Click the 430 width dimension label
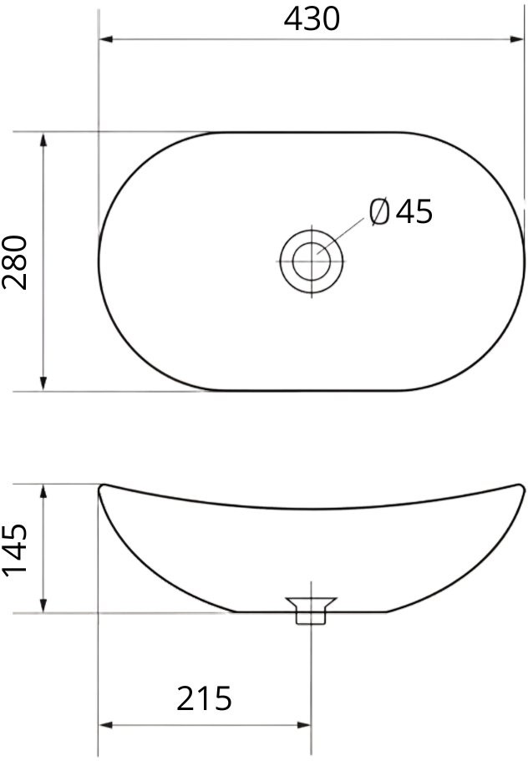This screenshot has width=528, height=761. [312, 20]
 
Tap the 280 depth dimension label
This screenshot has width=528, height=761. [15, 262]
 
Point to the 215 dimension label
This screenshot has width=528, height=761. [204, 698]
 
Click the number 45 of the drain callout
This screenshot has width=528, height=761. [414, 211]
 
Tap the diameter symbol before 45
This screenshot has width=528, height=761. [379, 211]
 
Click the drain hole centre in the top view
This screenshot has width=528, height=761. [311, 261]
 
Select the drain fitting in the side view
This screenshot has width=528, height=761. [311, 610]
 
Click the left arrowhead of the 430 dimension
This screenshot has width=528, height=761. [106, 38]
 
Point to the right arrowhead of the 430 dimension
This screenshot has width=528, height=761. [517, 38]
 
